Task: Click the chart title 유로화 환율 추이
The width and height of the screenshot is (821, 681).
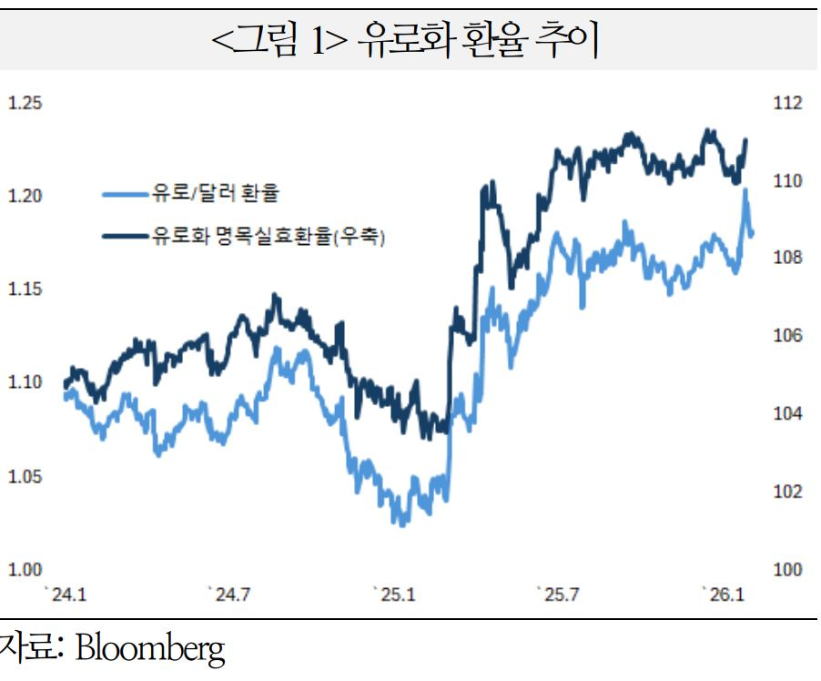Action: (410, 39)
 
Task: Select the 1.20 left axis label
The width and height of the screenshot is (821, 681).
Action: (25, 197)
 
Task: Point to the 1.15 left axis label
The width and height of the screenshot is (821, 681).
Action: (25, 290)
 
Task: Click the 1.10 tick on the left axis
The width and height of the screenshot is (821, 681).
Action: (25, 382)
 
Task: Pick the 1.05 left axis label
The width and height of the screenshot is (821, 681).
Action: (25, 476)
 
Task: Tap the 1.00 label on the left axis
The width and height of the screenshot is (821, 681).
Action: (25, 570)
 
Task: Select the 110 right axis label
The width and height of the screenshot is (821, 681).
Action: (788, 181)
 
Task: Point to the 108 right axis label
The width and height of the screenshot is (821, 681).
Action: (788, 259)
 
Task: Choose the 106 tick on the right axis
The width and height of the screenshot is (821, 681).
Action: (788, 337)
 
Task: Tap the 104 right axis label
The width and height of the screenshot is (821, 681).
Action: (788, 414)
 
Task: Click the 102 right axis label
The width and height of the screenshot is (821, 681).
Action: (788, 493)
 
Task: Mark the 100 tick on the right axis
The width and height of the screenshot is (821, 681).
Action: (788, 570)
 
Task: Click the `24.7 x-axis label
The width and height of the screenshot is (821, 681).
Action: (229, 595)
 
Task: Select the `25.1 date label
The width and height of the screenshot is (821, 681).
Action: (394, 595)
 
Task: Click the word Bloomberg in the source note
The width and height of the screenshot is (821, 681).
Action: (149, 649)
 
